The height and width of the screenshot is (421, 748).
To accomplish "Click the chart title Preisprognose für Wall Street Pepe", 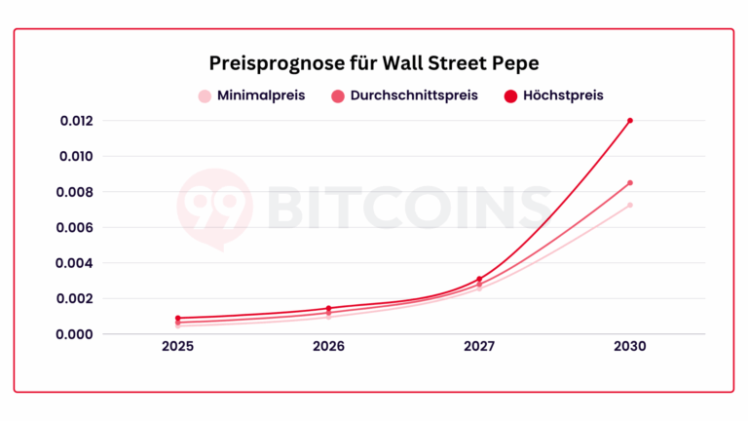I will pyautogui.click(x=374, y=62).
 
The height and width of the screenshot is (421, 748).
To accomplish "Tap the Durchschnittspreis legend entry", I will pyautogui.click(x=405, y=96).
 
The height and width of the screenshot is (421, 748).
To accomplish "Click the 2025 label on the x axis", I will pyautogui.click(x=177, y=348).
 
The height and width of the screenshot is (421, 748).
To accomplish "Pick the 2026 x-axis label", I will pyautogui.click(x=328, y=348).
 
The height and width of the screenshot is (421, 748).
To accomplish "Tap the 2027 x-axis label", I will pyautogui.click(x=479, y=348).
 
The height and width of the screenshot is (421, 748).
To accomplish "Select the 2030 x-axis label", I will pyautogui.click(x=630, y=348).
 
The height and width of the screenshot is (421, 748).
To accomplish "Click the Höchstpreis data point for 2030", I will pyautogui.click(x=630, y=121).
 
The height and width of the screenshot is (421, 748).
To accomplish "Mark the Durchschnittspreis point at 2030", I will pyautogui.click(x=630, y=182).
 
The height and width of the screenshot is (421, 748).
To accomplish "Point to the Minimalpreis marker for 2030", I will pyautogui.click(x=630, y=205).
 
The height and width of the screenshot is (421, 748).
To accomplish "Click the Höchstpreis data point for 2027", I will pyautogui.click(x=479, y=279).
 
